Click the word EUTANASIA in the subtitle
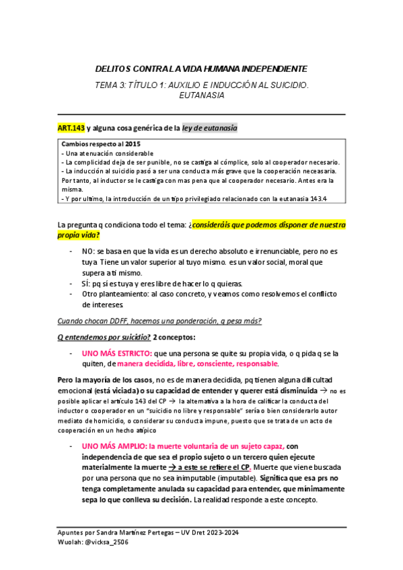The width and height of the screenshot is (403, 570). tap(202, 95)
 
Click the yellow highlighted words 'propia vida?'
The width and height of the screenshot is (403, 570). tap(78, 235)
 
